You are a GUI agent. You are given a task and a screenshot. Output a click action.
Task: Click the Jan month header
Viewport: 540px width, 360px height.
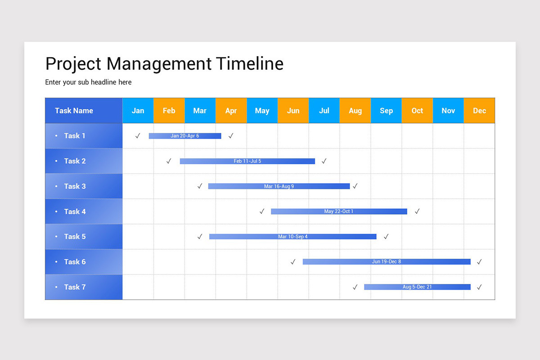(x=138, y=111)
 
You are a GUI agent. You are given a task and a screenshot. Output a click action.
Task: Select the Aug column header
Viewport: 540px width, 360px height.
(x=355, y=111)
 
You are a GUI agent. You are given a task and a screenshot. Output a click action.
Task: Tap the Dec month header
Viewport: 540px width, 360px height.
(x=479, y=111)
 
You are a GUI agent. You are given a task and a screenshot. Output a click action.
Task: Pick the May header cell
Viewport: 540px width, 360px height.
(x=262, y=111)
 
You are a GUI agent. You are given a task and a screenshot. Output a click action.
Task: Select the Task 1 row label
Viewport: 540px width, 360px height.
(x=75, y=136)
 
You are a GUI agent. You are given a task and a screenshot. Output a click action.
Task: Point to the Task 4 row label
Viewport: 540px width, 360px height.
(x=75, y=211)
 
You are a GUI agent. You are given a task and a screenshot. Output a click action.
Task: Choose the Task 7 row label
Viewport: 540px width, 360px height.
(x=75, y=287)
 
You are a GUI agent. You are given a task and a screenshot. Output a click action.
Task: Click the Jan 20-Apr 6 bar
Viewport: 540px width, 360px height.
(x=185, y=136)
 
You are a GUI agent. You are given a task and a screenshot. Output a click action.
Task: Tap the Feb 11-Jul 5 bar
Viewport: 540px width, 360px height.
(x=247, y=161)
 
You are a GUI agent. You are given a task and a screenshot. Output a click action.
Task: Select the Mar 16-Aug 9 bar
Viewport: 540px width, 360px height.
(x=279, y=186)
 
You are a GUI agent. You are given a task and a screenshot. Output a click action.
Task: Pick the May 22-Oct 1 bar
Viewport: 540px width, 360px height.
(x=339, y=211)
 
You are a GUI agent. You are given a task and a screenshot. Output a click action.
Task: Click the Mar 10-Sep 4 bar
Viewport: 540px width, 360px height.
(x=293, y=237)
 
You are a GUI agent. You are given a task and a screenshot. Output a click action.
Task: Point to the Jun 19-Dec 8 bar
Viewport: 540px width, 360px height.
(x=387, y=262)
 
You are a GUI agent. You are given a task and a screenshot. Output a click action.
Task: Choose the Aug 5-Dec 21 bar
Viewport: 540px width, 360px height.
(x=417, y=287)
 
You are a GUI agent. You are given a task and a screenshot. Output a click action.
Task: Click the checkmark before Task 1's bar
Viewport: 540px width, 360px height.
(x=138, y=136)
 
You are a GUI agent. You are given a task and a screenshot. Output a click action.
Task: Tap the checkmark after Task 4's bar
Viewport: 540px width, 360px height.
(x=417, y=211)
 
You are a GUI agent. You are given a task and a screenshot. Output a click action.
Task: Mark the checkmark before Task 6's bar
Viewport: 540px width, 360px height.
(x=293, y=262)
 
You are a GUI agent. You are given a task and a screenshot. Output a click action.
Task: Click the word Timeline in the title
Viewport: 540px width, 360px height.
(x=250, y=64)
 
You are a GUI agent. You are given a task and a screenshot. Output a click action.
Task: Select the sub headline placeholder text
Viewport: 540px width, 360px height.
(x=88, y=82)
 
